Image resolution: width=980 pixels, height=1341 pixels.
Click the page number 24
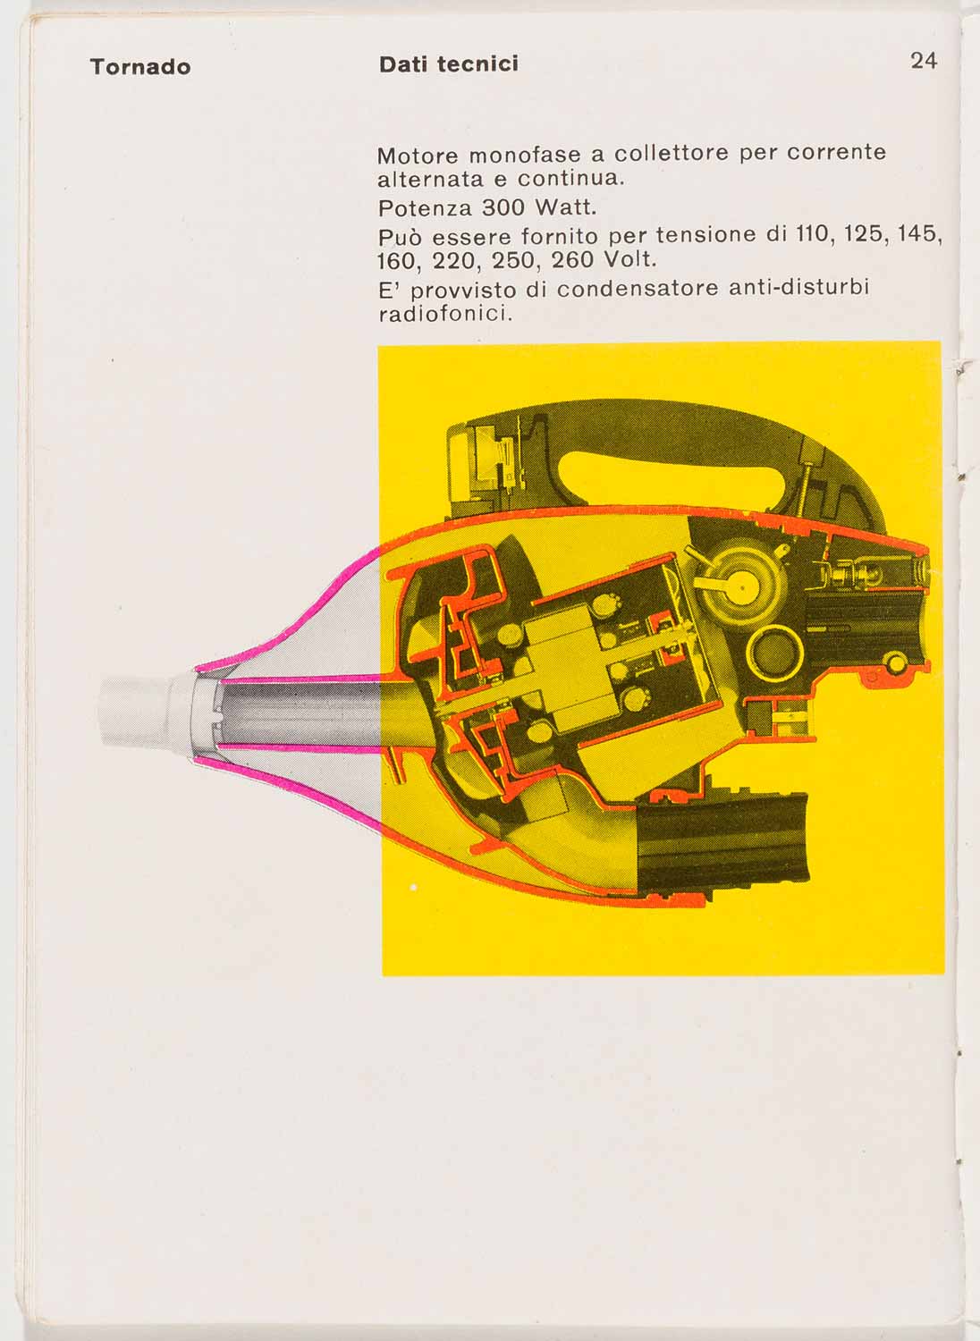pos(924,61)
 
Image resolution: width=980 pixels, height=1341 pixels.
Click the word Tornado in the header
pos(140,67)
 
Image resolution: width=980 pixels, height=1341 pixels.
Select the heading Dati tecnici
pos(448,64)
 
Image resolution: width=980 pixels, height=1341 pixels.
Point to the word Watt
pos(564,208)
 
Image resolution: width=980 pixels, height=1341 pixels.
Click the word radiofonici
pos(444,315)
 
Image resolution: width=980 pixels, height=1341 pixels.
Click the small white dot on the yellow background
pos(413,888)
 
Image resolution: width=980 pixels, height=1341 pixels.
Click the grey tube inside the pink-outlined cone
pos(295,711)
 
